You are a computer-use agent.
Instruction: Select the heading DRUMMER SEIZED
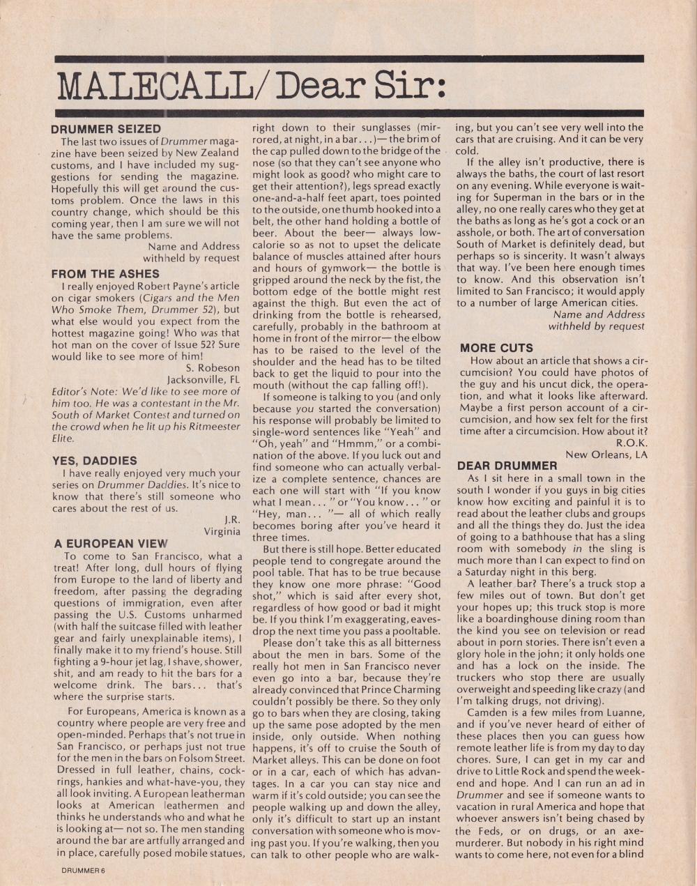[106, 129]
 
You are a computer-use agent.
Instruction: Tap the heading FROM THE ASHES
[105, 274]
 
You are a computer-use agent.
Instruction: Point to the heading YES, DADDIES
[94, 461]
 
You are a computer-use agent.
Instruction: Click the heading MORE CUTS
[496, 348]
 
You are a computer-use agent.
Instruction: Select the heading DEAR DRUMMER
[507, 465]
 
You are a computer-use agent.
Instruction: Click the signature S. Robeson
[213, 367]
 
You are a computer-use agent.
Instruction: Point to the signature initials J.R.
[232, 519]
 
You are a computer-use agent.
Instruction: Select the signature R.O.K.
[631, 443]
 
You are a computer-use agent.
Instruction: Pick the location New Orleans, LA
[606, 455]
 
